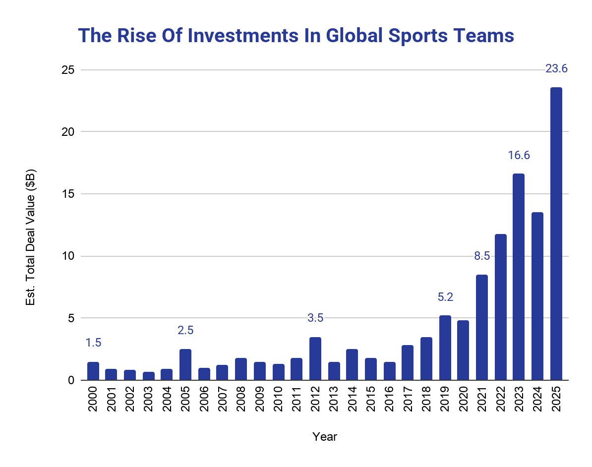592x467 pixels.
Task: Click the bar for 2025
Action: tap(556, 233)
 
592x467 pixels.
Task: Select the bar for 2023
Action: tap(519, 277)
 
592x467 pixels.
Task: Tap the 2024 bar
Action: tap(537, 296)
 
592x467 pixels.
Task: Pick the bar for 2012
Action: tap(315, 358)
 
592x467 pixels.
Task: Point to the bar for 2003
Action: tap(149, 376)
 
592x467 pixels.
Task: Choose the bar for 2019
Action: tap(445, 348)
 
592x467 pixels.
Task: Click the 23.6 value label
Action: tap(556, 69)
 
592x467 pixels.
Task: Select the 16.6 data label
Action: tap(519, 155)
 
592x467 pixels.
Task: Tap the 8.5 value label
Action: tap(482, 256)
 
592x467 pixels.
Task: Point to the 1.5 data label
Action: tap(93, 343)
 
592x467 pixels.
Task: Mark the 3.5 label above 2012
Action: tap(315, 318)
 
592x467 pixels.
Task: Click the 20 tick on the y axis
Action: tap(68, 132)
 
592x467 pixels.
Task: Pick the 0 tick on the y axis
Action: tap(71, 380)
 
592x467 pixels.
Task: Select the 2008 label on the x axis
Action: tap(241, 399)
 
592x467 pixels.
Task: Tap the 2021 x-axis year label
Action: tap(482, 399)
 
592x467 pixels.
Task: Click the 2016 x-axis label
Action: tap(389, 399)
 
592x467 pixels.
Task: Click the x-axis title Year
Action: tap(325, 437)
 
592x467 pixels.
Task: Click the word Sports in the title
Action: tap(418, 36)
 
